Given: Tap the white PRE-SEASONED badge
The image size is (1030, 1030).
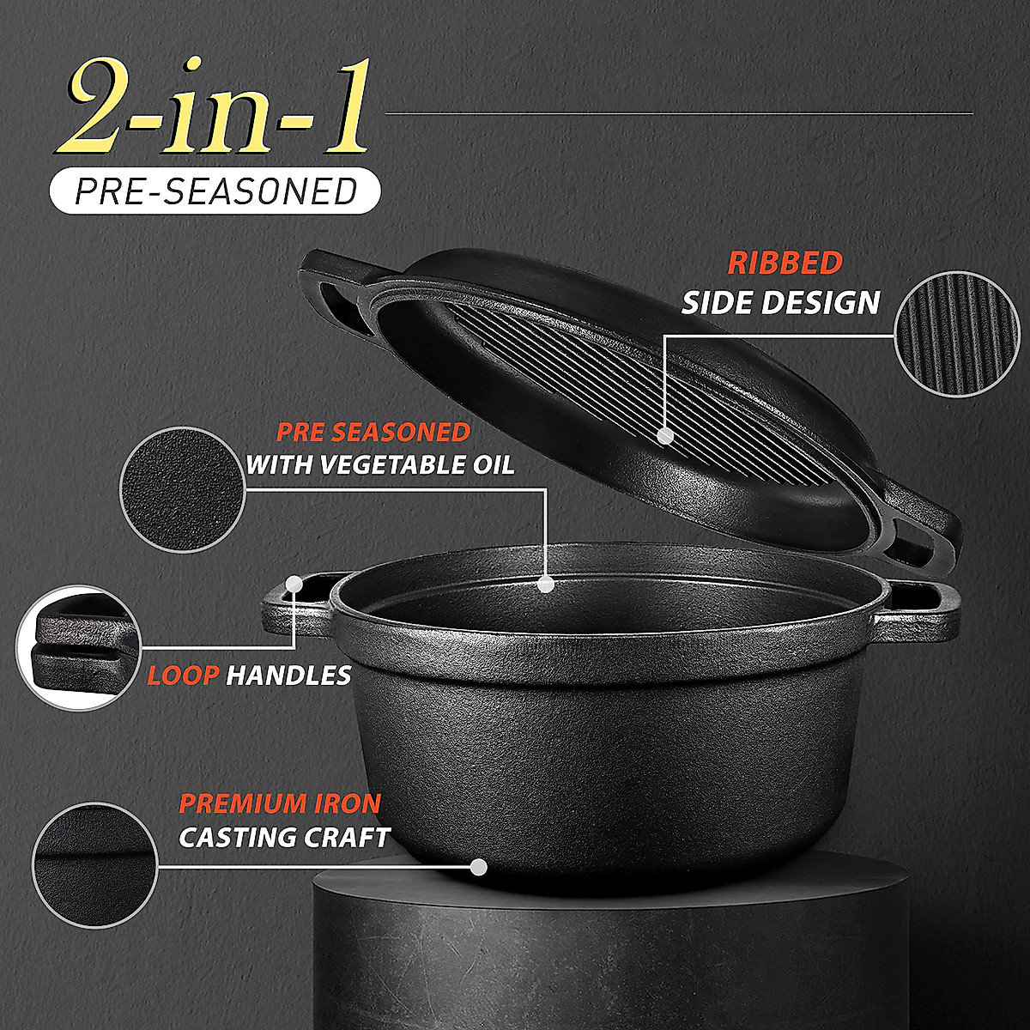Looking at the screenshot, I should click(x=215, y=191).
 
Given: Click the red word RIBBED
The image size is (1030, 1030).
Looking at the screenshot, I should click(x=785, y=263).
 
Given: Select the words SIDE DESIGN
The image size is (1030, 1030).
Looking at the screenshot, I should click(x=781, y=302).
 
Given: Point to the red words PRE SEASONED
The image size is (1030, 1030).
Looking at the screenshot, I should click(x=373, y=431).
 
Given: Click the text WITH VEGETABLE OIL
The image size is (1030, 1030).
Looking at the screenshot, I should click(x=380, y=465).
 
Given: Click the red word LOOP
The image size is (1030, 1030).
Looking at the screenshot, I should click(x=182, y=676).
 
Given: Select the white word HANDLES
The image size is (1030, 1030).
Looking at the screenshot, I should click(x=288, y=676).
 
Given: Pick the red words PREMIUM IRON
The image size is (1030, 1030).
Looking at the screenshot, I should click(x=280, y=804).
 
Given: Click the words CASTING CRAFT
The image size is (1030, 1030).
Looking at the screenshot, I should click(x=284, y=838).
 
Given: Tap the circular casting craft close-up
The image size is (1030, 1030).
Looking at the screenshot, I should click(x=94, y=864).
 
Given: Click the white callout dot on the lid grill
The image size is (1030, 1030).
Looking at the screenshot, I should click(x=663, y=435).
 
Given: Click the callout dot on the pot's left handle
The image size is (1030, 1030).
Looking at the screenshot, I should click(x=294, y=584).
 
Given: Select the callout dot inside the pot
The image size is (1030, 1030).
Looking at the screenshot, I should click(x=544, y=585).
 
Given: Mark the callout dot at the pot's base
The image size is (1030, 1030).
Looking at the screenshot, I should click(x=479, y=867).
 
